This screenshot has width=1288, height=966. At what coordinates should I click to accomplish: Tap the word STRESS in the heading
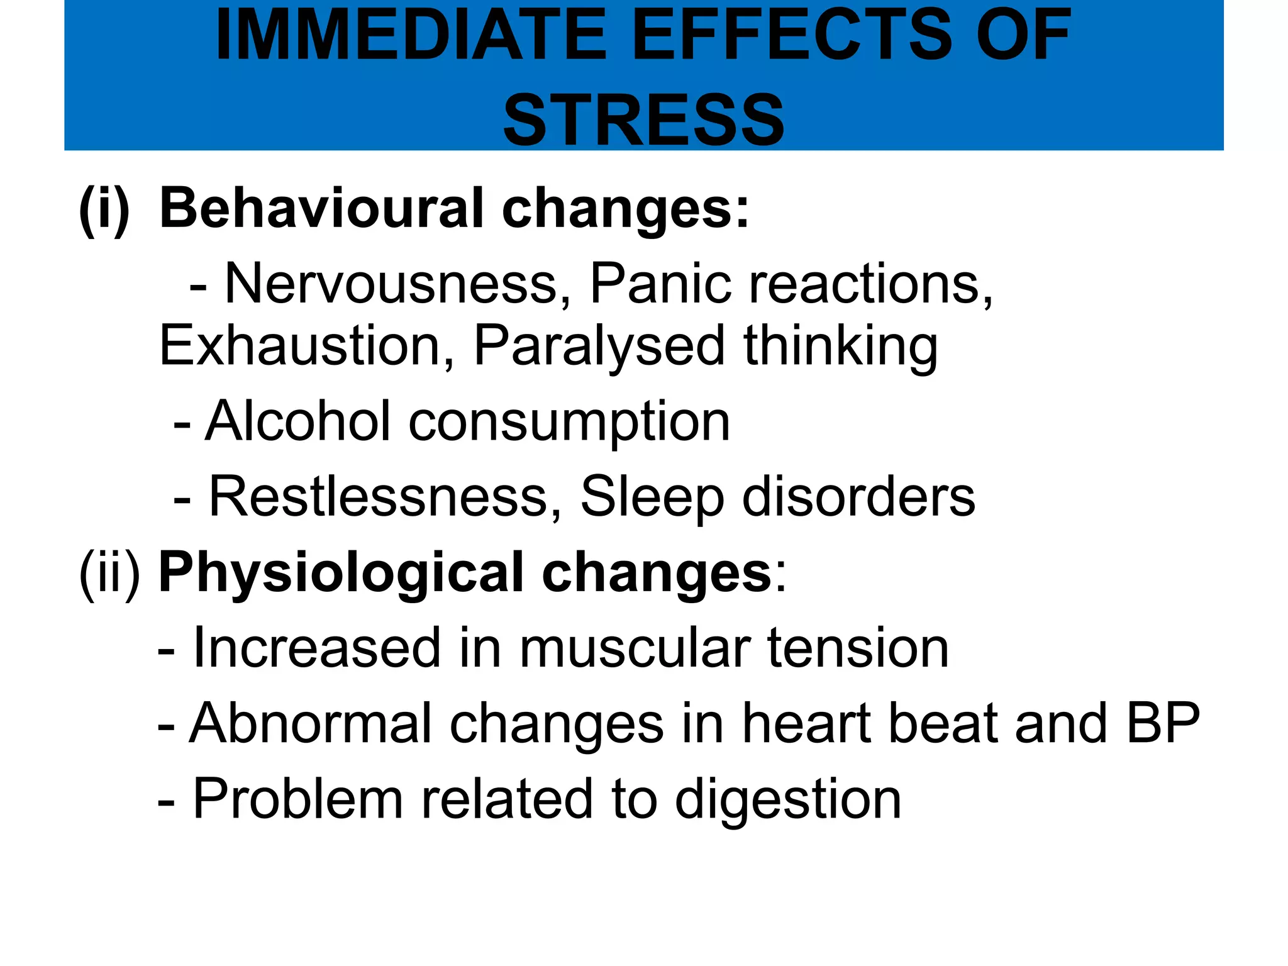(643, 119)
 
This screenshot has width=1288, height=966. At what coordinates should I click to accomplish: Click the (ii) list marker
(109, 573)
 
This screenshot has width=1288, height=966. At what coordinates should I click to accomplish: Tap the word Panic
(660, 284)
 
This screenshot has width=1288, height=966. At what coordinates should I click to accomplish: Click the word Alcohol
(298, 421)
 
